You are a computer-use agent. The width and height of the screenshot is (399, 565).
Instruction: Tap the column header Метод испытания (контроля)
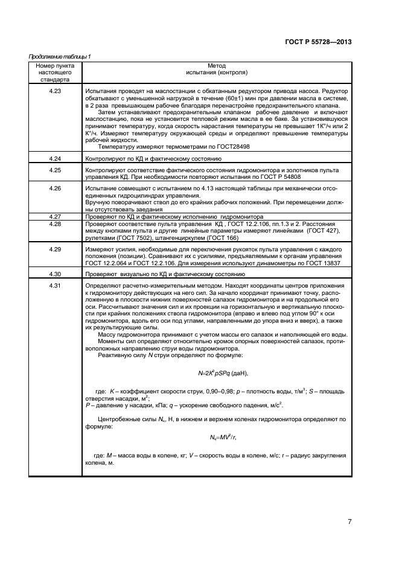pyautogui.click(x=216, y=68)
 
